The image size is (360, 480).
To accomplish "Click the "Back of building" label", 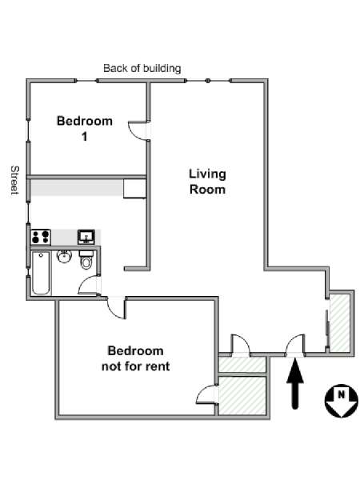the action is coord(142,68).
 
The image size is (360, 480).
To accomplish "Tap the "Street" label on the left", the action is coord(14,180).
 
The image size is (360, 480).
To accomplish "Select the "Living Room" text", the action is coord(207,182).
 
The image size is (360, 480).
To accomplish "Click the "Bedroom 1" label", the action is coord(85,128).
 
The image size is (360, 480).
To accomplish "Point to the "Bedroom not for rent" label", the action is coord(135,358).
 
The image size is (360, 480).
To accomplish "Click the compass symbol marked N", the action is coord(341,401).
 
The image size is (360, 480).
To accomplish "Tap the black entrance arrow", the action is coord(295,384).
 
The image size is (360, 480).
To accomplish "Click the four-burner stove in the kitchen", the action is coord(41,237).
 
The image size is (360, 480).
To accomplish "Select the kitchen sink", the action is coord(86,237).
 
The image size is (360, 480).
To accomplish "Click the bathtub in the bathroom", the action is coord(41,273).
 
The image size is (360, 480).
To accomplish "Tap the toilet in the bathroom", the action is coord(86,260).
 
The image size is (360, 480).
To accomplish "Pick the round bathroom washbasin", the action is coord(64,257).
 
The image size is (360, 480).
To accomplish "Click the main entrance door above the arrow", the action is coord(295,345).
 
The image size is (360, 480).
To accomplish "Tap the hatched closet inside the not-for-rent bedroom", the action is coord(242,395).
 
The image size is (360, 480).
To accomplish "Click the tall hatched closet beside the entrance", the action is coord(340,323).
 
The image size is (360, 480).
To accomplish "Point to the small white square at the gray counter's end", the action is coord(134,189).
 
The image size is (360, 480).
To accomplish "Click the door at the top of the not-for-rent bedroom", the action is coord(116,308).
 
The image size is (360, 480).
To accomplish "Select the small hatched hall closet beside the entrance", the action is coord(242,365).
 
